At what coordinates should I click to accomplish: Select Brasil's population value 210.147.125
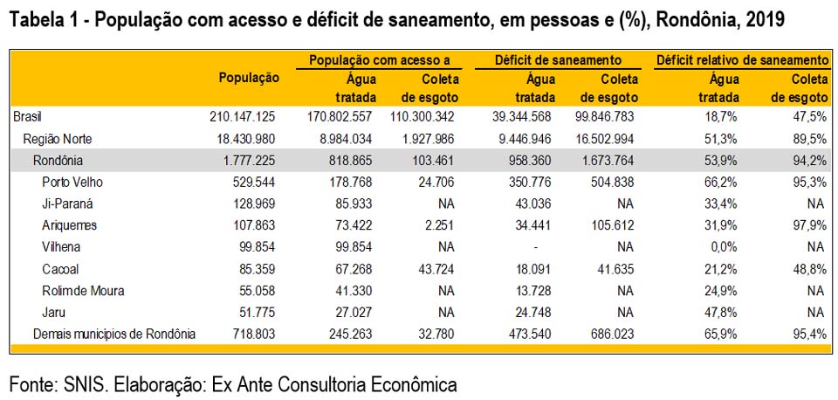click(242, 116)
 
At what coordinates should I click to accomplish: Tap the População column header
click(249, 78)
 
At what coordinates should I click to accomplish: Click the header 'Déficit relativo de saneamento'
click(741, 60)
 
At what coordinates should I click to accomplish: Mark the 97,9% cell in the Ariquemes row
click(808, 225)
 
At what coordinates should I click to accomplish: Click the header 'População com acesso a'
click(379, 60)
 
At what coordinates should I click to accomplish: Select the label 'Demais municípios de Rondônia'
click(113, 334)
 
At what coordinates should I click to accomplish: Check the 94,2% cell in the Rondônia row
click(808, 160)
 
